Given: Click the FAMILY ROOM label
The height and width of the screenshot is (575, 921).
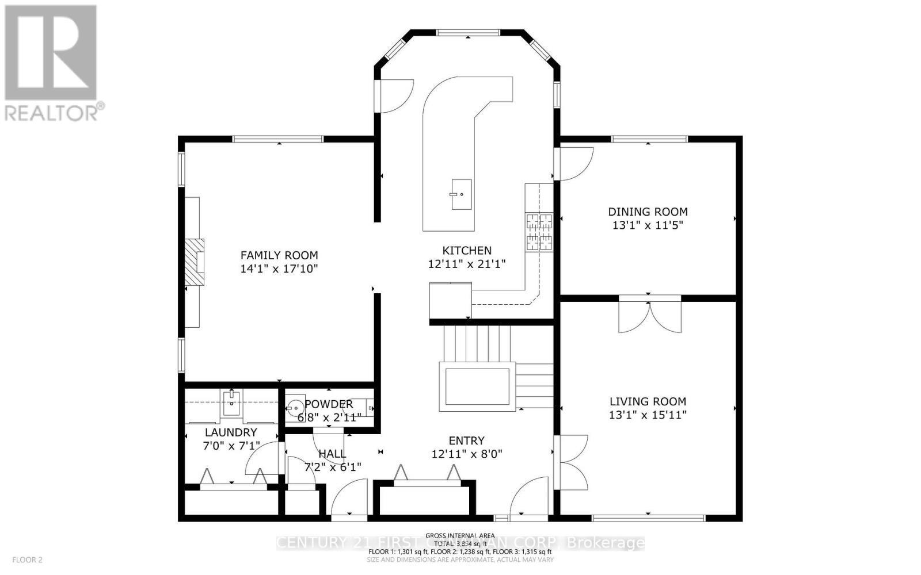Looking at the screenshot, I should click(279, 255).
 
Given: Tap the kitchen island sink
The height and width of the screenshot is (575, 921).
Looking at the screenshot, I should click(461, 194).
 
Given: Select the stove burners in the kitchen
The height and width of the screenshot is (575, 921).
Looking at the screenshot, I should click(539, 232).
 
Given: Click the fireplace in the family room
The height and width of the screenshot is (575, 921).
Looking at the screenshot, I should click(195, 262).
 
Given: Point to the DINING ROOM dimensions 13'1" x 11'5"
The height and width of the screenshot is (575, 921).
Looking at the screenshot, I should click(648, 225).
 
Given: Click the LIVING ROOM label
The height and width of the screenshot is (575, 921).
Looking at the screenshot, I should click(648, 401).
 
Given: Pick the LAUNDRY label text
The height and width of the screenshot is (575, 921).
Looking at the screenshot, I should click(231, 432).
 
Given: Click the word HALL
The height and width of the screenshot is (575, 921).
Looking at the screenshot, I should click(332, 454).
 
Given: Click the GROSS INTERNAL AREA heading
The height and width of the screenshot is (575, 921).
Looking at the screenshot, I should click(459, 536).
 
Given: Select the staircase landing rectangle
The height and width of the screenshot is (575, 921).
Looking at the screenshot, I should click(475, 386).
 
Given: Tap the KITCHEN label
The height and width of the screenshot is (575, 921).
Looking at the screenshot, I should click(466, 250).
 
